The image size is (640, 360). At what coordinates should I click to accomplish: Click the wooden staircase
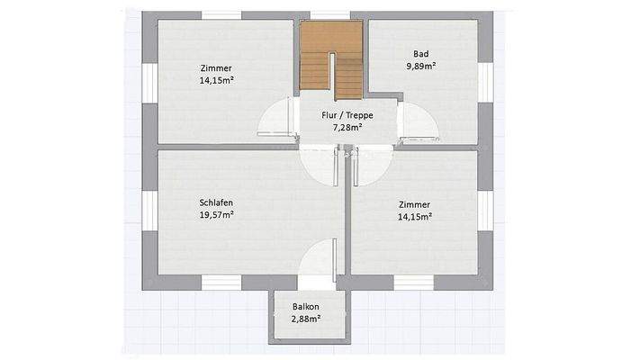click(331, 60)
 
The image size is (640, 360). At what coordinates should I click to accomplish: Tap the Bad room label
click(420, 54)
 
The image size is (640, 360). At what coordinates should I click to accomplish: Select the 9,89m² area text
click(420, 66)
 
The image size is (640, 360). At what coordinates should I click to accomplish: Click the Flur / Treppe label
click(347, 115)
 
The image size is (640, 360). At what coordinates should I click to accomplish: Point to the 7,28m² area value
click(347, 128)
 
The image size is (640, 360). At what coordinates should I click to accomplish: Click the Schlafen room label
click(216, 202)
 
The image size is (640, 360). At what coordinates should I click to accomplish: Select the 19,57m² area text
click(216, 215)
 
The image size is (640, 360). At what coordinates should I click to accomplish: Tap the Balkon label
click(306, 306)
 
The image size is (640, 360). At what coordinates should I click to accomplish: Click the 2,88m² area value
click(306, 319)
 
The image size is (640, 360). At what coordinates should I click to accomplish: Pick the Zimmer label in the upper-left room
click(216, 67)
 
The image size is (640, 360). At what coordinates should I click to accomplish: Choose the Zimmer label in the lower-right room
click(414, 204)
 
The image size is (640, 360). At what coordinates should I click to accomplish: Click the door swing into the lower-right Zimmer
click(367, 165)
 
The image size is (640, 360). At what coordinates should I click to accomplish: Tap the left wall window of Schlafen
click(149, 210)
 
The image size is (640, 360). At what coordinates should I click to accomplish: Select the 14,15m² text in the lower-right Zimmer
click(414, 217)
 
